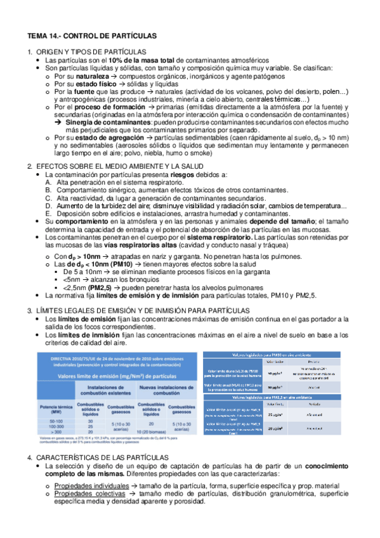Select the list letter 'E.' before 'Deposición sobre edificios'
[x=49, y=214]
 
